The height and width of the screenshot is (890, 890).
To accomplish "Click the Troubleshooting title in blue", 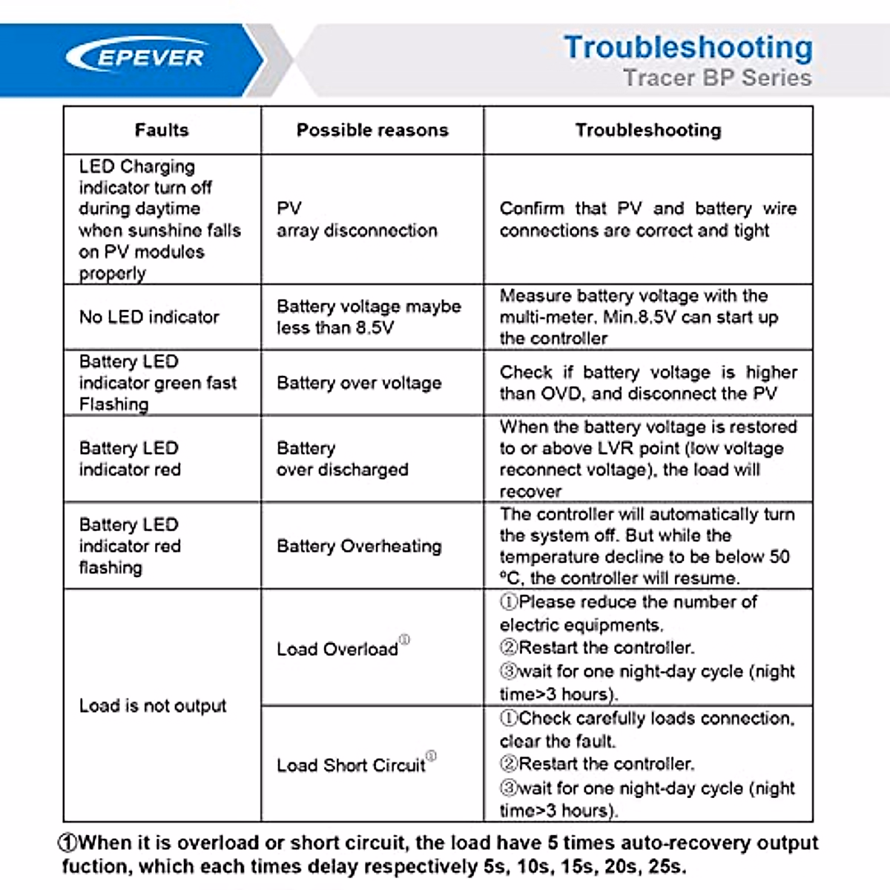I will point(688,47).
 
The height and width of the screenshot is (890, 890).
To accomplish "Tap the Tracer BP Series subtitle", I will point(716,77).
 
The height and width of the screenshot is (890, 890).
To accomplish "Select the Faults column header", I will point(162,130).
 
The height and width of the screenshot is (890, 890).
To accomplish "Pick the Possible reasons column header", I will point(372,130).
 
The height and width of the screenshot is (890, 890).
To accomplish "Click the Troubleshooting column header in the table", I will point(647,130).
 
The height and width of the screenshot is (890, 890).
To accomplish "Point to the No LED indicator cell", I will point(149,317).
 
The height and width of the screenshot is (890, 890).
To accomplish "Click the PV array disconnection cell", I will point(357,220).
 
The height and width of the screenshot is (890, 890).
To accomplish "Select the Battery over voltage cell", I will point(359,383).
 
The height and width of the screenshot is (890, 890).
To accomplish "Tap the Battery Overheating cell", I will point(359,546).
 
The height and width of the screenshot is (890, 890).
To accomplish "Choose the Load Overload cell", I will point(337,649).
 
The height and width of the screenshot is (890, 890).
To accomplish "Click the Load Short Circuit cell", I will point(351,765).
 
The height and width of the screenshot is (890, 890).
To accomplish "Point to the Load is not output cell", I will point(153,705).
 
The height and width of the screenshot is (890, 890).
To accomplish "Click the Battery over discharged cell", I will point(342,459).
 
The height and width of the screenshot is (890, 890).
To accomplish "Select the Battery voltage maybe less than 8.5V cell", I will point(369,317).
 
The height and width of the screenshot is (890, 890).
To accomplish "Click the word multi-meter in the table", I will point(544,317).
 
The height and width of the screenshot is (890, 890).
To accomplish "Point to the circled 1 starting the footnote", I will point(67,843).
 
